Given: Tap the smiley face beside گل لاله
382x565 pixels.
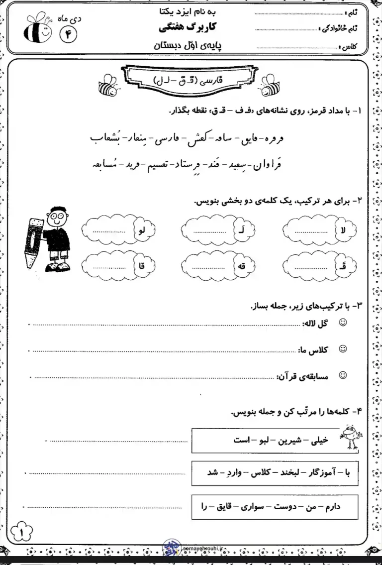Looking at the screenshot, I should tap(343, 323).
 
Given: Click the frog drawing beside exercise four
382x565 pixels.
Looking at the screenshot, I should tap(350, 436).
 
